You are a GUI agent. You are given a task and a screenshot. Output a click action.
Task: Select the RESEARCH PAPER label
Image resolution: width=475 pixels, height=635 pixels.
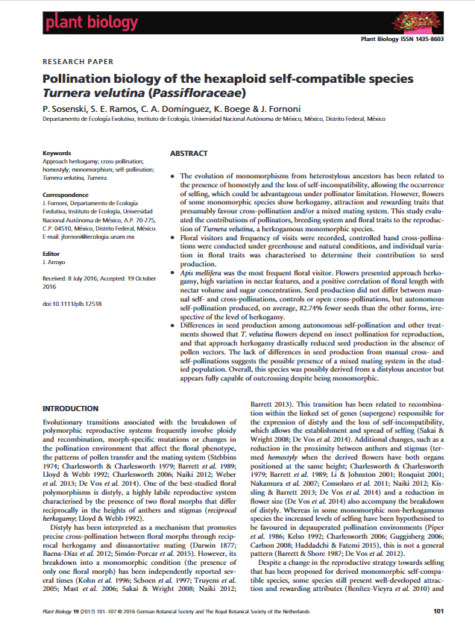click(78, 62)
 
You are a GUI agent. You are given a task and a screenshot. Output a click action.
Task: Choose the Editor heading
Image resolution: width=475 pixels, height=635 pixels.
click(51, 254)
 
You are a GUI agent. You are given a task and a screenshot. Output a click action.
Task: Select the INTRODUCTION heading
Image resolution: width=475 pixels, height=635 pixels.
click(71, 409)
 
